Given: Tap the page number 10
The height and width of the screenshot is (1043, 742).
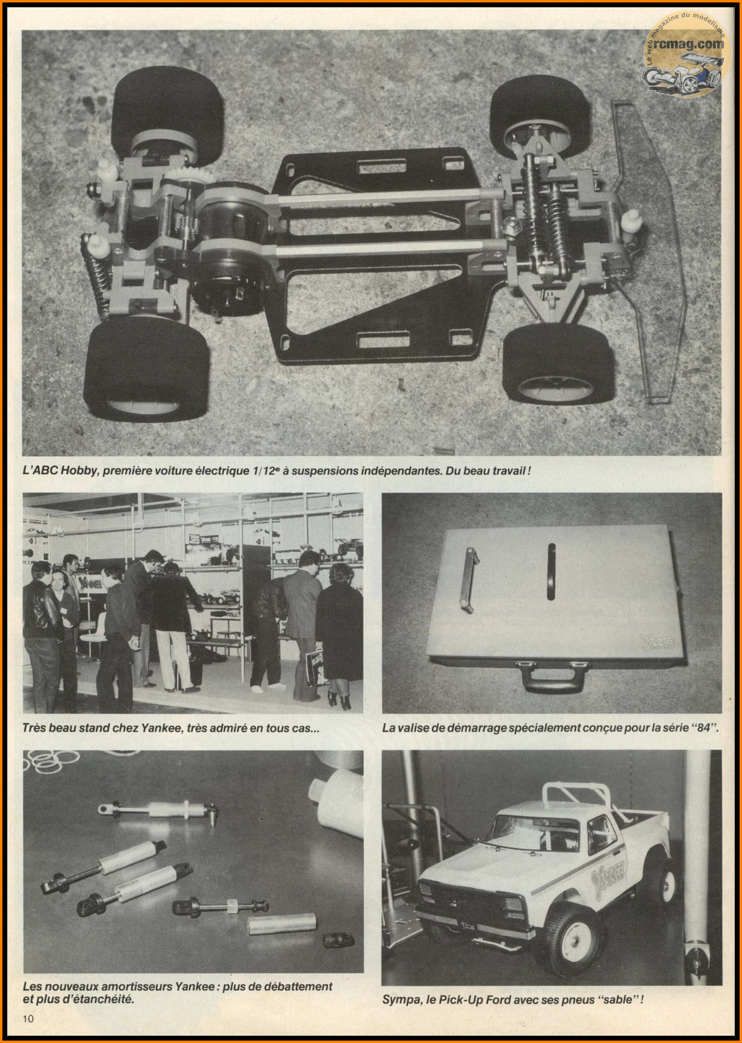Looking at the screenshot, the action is (x=28, y=1018).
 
